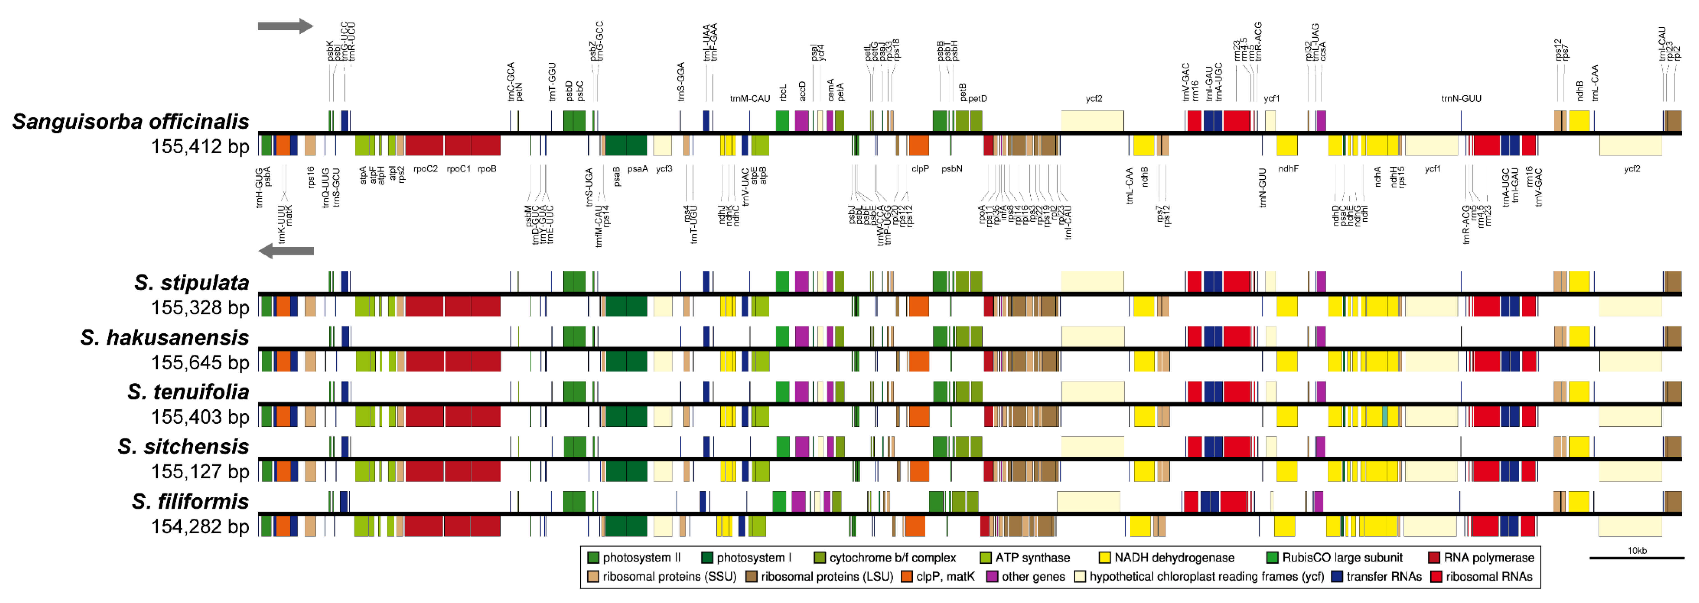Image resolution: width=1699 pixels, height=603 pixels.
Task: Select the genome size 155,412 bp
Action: point(200,146)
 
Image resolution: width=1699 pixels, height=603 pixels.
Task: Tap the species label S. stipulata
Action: point(191,283)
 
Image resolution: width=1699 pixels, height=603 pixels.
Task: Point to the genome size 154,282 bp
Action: point(200,526)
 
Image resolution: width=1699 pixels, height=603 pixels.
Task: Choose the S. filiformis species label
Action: point(190,502)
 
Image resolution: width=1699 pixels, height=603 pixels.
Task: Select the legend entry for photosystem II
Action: point(633,558)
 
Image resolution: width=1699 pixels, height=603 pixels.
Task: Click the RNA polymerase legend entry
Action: point(1481,558)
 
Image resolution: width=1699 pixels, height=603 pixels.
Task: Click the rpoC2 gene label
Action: point(426,169)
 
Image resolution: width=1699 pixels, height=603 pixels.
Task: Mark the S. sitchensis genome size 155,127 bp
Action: point(200,472)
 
